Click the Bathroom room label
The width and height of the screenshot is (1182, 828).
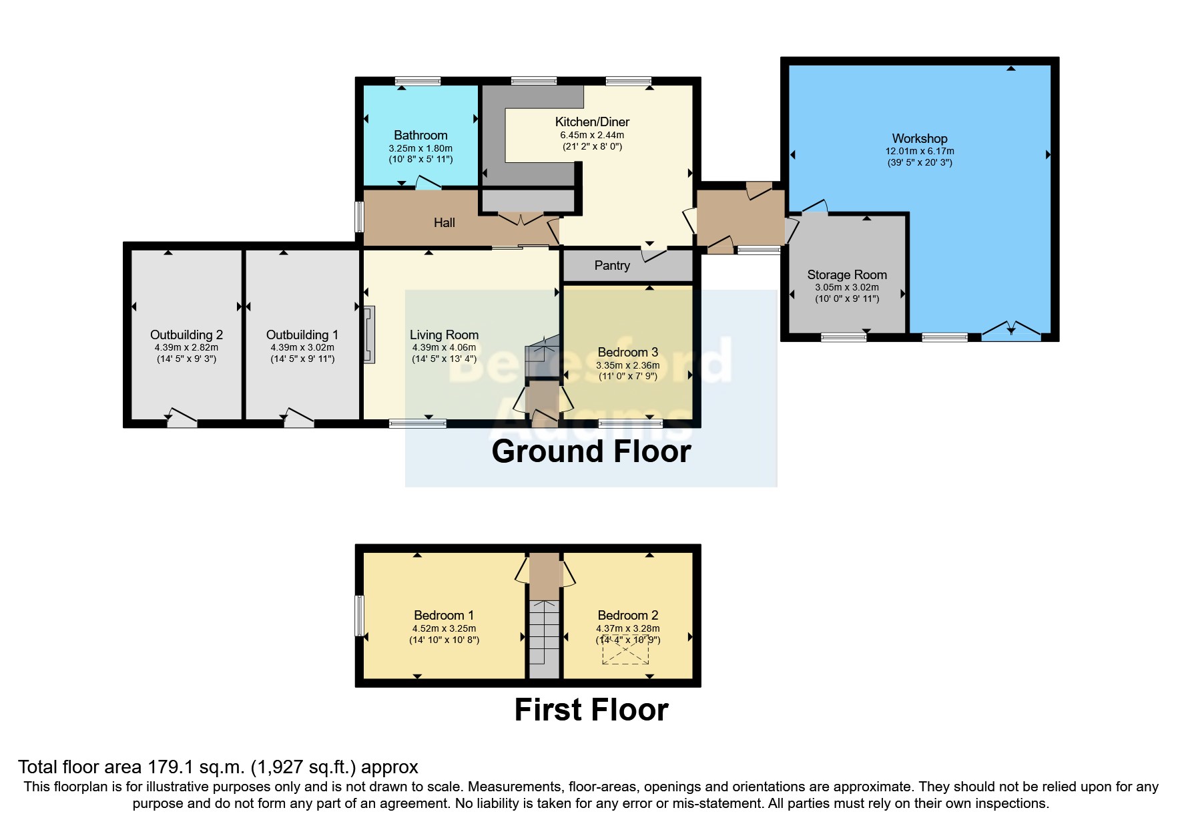click(420, 135)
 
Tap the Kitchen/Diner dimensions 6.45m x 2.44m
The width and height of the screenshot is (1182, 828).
click(592, 135)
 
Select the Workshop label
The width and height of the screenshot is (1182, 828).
click(919, 138)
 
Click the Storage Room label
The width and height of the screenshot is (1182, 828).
click(846, 274)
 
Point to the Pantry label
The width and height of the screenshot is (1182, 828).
click(611, 265)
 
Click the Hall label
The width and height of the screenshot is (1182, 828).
click(444, 222)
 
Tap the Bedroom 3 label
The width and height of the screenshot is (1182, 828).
click(627, 352)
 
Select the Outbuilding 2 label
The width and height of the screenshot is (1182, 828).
click(186, 335)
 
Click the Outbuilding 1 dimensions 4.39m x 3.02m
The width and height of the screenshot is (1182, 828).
click(302, 347)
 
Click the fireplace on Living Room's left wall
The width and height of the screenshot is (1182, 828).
click(369, 335)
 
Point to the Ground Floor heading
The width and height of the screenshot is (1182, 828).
click(591, 451)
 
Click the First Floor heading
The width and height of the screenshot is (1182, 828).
click(591, 709)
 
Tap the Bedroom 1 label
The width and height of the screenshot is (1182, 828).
click(443, 615)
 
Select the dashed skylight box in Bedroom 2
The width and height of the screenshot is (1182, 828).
click(625, 650)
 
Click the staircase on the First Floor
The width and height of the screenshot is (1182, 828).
click(544, 638)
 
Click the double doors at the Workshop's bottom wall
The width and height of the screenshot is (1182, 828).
click(1010, 331)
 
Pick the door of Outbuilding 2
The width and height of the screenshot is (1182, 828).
click(182, 417)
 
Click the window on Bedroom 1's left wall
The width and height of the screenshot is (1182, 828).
click(359, 615)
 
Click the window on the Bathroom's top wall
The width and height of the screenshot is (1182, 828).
click(418, 81)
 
